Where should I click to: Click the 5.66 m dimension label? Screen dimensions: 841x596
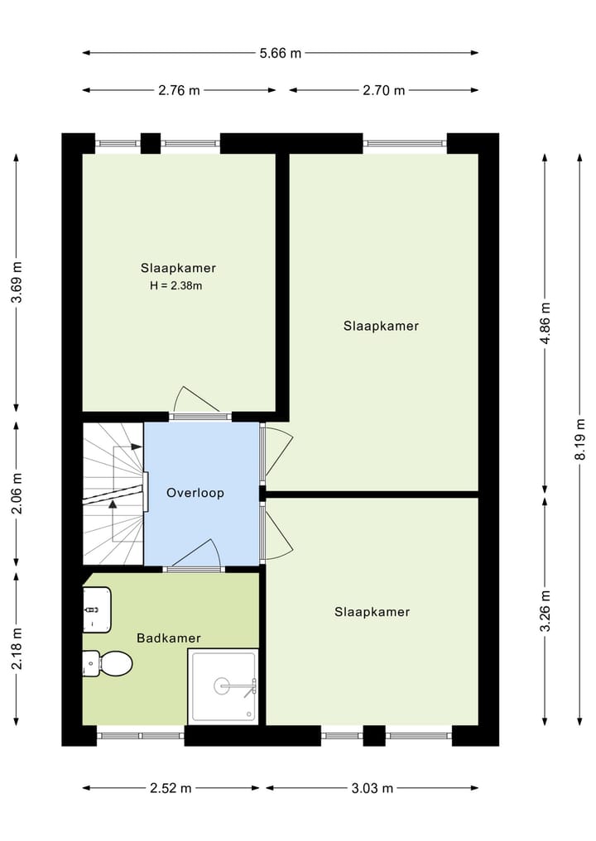[281, 54]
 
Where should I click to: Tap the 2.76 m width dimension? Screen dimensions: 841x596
[180, 90]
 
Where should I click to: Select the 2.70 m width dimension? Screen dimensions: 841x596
[383, 90]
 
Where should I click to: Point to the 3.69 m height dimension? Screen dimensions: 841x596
[17, 283]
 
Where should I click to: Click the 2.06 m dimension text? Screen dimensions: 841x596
[17, 493]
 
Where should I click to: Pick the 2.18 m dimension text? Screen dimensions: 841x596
[17, 651]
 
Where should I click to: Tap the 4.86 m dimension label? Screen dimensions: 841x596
[545, 327]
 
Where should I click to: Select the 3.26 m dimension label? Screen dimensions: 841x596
[545, 611]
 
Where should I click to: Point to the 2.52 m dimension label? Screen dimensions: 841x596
[171, 788]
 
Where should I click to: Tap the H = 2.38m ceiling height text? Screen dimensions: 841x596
[176, 286]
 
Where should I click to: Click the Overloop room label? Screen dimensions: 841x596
[195, 493]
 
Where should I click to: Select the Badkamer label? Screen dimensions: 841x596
[169, 638]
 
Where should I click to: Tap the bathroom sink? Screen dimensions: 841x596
[97, 609]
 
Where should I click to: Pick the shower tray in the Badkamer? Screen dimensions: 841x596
[223, 686]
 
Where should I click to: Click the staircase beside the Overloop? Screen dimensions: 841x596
[113, 494]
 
